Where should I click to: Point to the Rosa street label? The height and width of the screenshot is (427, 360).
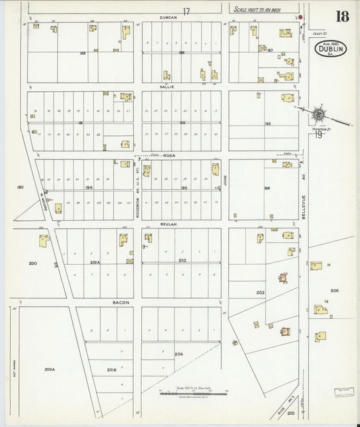click(x=169, y=155)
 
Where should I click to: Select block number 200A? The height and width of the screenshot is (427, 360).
click(x=49, y=370)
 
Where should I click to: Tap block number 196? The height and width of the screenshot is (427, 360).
click(x=267, y=187)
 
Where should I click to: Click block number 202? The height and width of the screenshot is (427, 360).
click(x=181, y=260)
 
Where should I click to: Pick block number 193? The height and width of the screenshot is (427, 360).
click(x=267, y=124)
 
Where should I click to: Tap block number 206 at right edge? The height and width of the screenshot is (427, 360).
click(x=334, y=290)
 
